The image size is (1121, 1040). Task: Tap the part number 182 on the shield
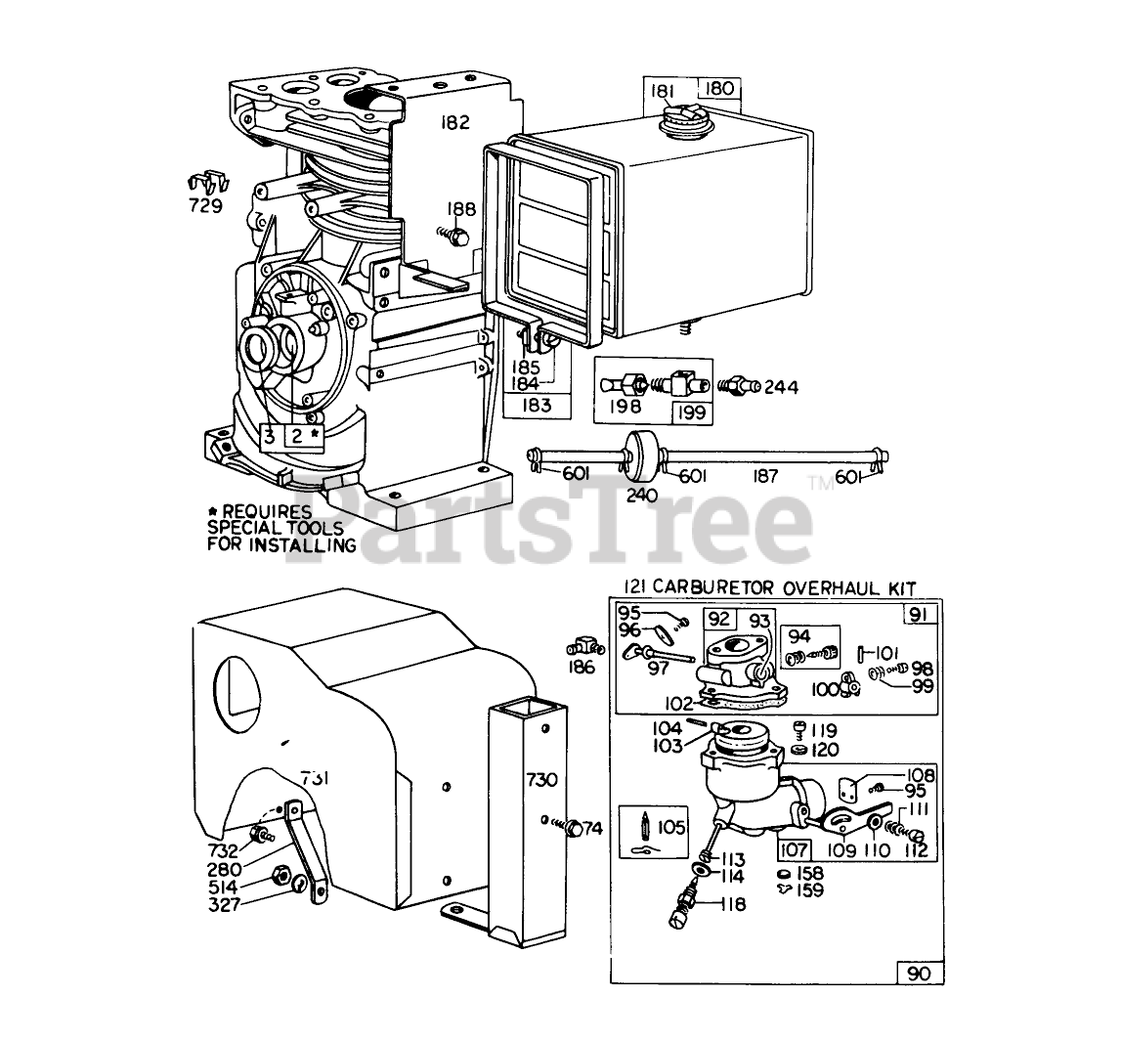tap(454, 123)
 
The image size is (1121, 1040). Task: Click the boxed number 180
tap(719, 90)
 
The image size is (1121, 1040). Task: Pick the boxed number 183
tap(537, 405)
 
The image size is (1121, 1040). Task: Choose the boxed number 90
tap(919, 974)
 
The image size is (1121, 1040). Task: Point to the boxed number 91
tap(919, 616)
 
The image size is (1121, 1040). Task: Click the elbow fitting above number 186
tap(582, 648)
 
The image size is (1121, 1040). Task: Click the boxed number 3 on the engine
tap(269, 436)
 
